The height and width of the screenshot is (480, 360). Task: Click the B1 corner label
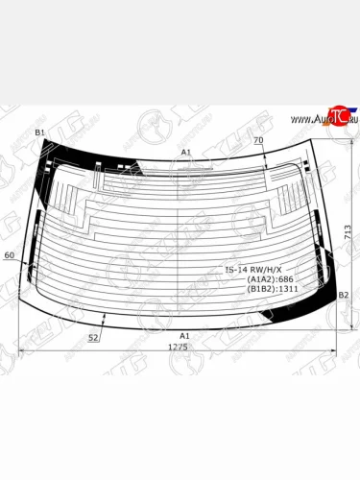click(x=40, y=132)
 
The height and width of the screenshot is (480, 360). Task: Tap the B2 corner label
click(x=343, y=295)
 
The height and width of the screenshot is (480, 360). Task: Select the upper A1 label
click(x=186, y=153)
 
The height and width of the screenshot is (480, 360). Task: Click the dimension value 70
click(x=258, y=141)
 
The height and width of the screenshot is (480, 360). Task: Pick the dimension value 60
click(x=10, y=255)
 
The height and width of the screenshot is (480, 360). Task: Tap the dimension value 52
click(x=94, y=338)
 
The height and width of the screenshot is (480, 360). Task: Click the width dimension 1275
click(x=179, y=347)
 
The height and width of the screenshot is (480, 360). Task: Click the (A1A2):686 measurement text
click(x=273, y=279)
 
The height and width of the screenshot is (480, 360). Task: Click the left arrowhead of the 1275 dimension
click(x=23, y=352)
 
